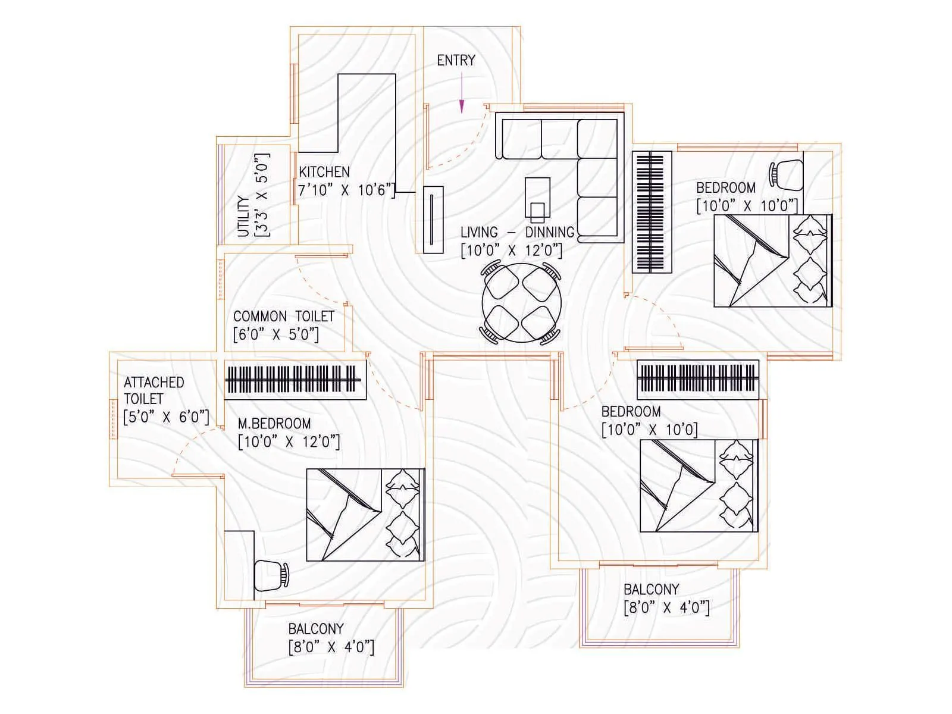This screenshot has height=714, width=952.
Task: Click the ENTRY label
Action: coord(456,60)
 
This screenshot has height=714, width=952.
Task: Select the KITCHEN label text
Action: coord(324,172)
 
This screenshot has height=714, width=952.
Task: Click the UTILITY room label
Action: coord(243,217)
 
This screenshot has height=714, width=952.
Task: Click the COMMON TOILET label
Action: coord(284,317)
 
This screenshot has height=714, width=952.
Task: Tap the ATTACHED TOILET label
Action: coord(154,390)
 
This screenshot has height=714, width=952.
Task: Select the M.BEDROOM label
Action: coord(274,424)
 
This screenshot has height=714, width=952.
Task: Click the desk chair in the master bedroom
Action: coord(271,575)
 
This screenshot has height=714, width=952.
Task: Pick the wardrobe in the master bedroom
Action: coord(295,380)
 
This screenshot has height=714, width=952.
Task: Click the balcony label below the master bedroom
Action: coord(316,629)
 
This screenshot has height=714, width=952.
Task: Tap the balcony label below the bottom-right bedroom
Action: coord(651,590)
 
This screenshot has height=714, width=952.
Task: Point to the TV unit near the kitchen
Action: coord(433,220)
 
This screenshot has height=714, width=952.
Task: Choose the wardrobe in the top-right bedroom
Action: coord(653,212)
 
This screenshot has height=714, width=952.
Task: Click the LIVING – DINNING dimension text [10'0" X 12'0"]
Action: coord(511,250)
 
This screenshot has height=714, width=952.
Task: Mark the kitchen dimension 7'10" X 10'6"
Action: coord(346,190)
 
